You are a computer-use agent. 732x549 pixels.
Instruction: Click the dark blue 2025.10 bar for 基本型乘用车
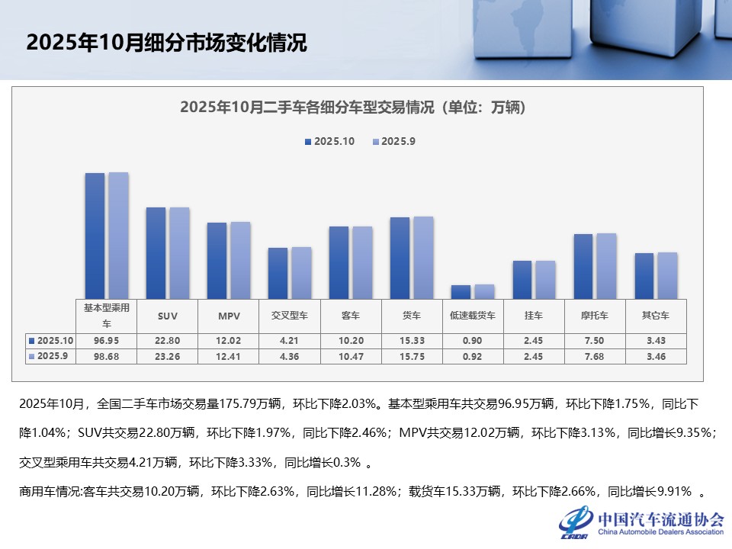tap(95, 236)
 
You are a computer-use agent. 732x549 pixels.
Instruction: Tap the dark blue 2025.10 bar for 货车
tap(400, 258)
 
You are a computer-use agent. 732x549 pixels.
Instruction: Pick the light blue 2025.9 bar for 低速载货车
tap(484, 291)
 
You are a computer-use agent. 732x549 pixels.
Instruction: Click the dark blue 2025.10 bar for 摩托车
tap(583, 266)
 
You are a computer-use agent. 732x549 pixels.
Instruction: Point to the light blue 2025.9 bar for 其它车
tap(667, 275)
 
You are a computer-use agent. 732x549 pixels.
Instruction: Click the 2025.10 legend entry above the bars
tap(329, 142)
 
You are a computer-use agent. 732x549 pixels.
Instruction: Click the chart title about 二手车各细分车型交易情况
tap(353, 108)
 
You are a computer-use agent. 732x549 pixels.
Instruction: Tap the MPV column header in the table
tap(228, 315)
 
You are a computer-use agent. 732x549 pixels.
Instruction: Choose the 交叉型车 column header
tap(289, 315)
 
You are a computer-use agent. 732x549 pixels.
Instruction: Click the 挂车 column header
tap(534, 315)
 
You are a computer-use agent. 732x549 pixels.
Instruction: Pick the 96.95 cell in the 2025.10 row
tap(106, 340)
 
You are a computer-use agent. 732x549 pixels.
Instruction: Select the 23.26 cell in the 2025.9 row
tap(167, 356)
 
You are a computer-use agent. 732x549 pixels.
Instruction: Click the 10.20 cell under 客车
tap(350, 340)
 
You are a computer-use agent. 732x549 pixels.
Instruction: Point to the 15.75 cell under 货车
tap(412, 356)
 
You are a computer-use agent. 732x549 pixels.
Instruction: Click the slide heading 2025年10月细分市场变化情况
tap(166, 43)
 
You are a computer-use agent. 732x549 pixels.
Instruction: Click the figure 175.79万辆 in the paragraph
tap(233, 403)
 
